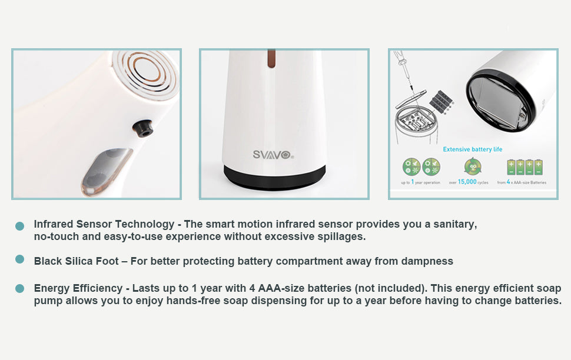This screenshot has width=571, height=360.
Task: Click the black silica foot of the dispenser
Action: [275, 177]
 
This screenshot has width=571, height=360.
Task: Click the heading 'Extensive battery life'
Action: [472, 149]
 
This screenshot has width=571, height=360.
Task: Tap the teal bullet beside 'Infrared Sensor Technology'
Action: [19, 226]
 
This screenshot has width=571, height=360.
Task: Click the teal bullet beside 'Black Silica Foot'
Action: [19, 259]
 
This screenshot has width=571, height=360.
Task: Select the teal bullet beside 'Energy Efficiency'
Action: [19, 288]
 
